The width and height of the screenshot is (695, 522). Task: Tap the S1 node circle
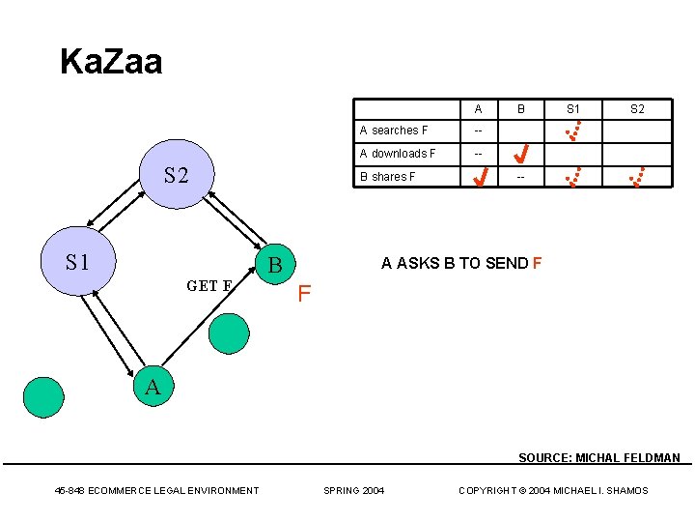coord(76,262)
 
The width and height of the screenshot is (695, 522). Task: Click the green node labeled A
coord(153,388)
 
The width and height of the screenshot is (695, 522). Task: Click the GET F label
coord(209,286)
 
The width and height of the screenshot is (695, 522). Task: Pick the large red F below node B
coord(303,293)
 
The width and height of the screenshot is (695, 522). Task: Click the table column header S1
coord(573,109)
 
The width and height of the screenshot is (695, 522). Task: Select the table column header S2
coord(637,109)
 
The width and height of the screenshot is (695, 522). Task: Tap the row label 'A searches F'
coord(394,130)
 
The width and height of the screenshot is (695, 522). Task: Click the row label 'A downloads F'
coord(398,154)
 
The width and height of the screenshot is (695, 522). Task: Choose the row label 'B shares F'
coord(387,177)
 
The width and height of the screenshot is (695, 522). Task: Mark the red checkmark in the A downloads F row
coord(520,153)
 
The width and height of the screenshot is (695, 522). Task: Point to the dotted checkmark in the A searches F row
coord(573,130)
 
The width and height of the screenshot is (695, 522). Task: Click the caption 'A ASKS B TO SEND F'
coord(461,263)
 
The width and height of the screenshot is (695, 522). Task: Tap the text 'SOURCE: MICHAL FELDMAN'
coord(598,458)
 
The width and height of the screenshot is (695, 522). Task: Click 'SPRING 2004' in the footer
coord(353,491)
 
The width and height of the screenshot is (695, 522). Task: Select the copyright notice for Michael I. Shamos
coord(553,491)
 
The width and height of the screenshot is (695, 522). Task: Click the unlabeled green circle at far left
coord(43,396)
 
